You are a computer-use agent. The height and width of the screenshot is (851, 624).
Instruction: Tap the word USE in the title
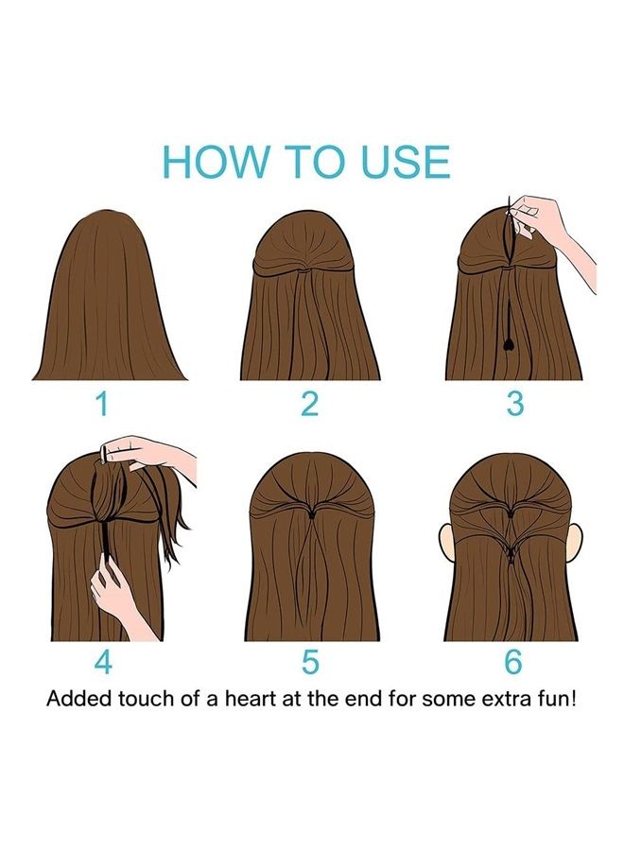point(406,161)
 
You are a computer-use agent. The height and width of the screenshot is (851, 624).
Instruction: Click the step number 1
point(101,405)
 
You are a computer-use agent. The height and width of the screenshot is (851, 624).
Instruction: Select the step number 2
point(309,405)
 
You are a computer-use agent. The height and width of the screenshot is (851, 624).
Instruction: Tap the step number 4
point(104,662)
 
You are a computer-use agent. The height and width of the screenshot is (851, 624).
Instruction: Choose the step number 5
point(309,662)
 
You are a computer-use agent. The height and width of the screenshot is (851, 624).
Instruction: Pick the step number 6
point(513,662)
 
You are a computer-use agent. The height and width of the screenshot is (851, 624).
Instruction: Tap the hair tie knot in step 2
point(306,269)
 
